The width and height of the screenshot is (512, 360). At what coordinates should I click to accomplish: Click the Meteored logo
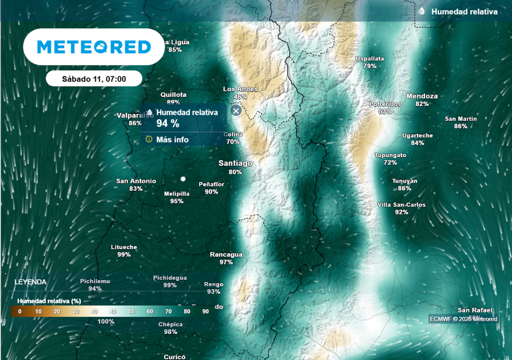coord(94,47)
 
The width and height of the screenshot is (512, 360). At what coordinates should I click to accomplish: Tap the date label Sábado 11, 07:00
coord(94,78)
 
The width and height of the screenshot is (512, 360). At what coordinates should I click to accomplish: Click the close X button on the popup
coord(236,111)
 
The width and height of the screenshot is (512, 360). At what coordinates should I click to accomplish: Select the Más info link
coord(172,139)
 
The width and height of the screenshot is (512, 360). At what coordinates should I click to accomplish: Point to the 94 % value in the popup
coord(168,124)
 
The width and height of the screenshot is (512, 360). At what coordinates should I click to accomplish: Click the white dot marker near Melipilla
coord(183,178)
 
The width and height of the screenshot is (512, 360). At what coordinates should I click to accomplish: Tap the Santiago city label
coord(235,163)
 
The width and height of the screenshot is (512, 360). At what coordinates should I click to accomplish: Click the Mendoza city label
coord(422,96)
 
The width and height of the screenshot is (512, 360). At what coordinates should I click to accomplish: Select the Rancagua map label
coord(226,254)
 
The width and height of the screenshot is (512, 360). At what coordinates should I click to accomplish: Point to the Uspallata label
coord(370,58)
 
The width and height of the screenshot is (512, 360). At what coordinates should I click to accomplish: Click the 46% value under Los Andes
coord(240,96)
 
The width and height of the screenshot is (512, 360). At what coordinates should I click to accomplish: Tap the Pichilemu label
coord(95,281)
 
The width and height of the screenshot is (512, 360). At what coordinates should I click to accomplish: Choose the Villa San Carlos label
coord(401,205)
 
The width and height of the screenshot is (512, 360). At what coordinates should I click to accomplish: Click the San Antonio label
coord(136,181)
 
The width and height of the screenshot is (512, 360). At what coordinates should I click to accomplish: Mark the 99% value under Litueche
coord(124,254)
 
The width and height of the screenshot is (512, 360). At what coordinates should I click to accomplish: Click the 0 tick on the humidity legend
coord(19,311)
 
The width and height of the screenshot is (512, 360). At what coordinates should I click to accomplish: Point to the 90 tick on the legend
coord(205,311)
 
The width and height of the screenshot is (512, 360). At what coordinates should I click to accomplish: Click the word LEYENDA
coord(30,282)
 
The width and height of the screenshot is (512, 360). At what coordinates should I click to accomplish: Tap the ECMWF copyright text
coord(463,319)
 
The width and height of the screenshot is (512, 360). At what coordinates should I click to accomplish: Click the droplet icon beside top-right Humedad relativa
coord(421,11)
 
